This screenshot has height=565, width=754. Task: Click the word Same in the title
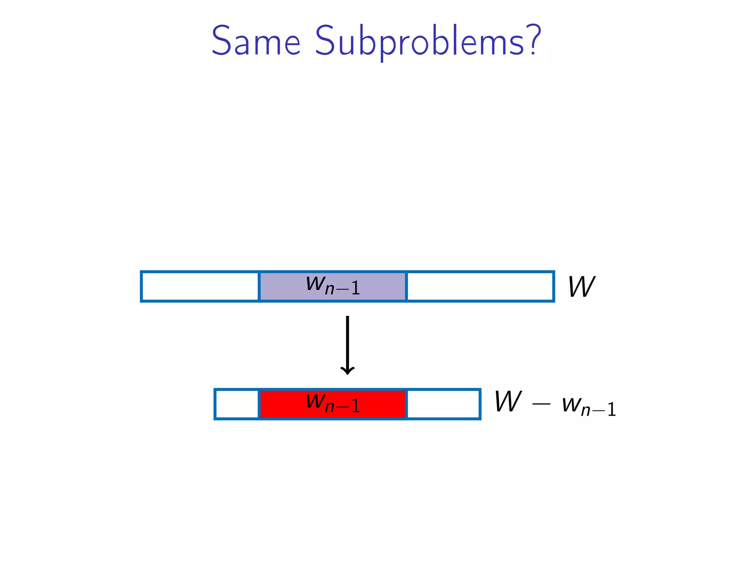click(x=256, y=41)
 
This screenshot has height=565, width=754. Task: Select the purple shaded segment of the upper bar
click(x=332, y=286)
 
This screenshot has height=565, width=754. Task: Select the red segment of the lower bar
click(x=332, y=404)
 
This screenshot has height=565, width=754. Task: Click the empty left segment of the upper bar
click(x=200, y=286)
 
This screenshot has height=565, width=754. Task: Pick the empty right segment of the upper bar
click(x=480, y=286)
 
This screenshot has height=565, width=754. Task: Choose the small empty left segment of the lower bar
click(x=237, y=404)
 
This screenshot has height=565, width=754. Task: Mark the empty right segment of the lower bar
click(x=443, y=404)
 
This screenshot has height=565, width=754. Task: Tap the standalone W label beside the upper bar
click(x=581, y=287)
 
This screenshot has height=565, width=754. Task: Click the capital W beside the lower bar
click(x=508, y=401)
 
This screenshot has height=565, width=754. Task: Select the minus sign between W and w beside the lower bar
click(x=541, y=404)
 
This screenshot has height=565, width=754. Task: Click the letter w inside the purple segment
click(x=315, y=284)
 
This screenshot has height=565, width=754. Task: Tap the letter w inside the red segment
click(x=315, y=401)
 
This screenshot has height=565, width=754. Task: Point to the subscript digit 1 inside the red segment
click(x=355, y=406)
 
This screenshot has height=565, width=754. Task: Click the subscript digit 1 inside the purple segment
click(x=355, y=288)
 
